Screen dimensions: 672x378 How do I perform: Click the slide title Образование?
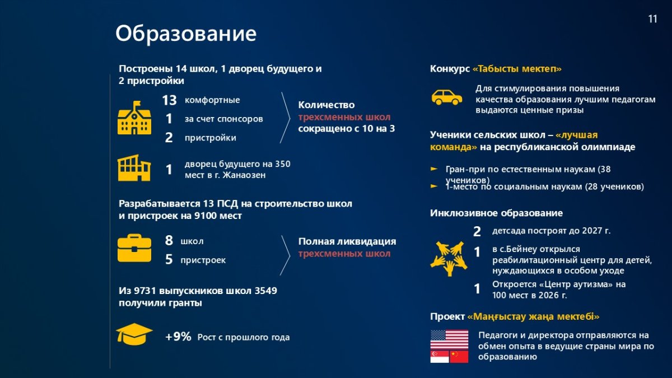click(186, 34)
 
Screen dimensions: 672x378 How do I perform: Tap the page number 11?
click(652, 19)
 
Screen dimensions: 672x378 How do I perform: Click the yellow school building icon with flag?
click(134, 118)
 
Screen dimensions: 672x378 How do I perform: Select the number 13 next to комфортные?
click(169, 100)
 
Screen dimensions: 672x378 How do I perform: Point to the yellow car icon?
click(447, 97)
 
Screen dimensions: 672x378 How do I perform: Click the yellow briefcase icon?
click(134, 248)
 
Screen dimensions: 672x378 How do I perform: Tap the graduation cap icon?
click(134, 334)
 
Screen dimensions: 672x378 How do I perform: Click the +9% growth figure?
click(178, 337)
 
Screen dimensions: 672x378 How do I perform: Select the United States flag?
click(449, 339)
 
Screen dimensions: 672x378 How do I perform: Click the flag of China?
click(459, 357)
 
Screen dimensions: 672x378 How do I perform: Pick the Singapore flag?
click(440, 357)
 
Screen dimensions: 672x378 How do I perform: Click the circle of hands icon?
click(449, 259)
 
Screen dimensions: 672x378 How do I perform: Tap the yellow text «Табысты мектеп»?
click(517, 69)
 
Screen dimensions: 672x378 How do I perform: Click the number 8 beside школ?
click(169, 240)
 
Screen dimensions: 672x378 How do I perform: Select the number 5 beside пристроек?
click(169, 259)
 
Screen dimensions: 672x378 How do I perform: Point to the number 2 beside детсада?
click(477, 232)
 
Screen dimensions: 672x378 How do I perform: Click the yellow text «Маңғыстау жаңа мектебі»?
click(533, 316)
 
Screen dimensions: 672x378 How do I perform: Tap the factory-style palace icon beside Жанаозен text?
click(134, 168)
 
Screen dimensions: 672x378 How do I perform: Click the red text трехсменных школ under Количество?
click(344, 117)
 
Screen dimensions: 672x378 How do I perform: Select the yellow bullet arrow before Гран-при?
click(434, 169)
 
